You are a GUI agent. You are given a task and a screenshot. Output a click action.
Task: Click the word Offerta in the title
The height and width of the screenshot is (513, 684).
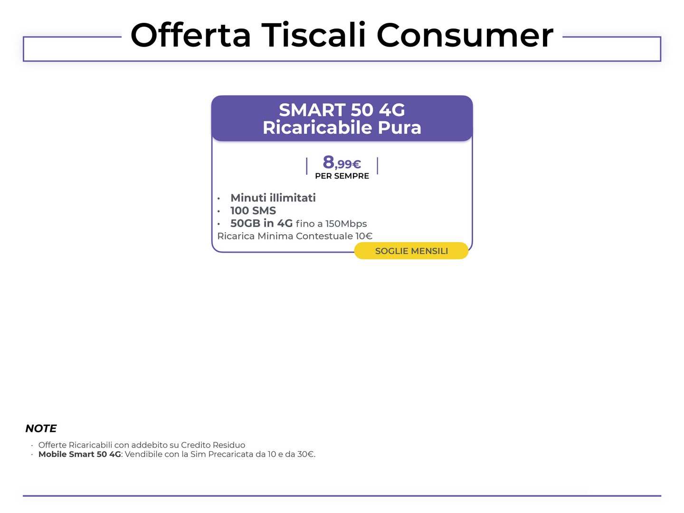click(190, 35)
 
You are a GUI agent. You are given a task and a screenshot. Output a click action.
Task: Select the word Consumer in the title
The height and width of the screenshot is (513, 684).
click(465, 36)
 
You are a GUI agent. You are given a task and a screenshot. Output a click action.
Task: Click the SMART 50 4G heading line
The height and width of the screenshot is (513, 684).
click(342, 110)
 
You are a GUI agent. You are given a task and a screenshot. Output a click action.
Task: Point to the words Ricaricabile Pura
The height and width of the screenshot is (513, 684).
click(342, 127)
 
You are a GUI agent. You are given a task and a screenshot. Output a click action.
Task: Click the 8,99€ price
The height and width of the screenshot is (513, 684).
click(342, 162)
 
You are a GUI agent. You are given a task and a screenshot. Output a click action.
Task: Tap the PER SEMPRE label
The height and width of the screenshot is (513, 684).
click(342, 176)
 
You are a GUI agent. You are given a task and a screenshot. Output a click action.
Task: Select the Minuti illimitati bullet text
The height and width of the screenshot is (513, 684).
click(273, 198)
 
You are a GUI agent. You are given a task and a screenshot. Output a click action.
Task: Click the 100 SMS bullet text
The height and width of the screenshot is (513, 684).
click(253, 210)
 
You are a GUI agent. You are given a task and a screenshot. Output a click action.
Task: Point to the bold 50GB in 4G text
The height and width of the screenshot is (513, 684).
click(261, 223)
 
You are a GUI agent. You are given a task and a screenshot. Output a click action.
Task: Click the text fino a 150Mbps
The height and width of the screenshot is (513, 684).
click(331, 224)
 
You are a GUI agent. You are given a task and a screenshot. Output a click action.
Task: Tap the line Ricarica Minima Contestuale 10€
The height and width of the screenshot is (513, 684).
click(295, 236)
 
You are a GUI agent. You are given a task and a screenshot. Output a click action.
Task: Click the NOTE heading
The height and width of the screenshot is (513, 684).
click(41, 428)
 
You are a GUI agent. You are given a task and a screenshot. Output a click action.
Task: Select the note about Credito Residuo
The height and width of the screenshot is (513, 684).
click(142, 445)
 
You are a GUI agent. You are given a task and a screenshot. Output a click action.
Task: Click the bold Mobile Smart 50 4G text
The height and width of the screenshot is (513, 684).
click(79, 454)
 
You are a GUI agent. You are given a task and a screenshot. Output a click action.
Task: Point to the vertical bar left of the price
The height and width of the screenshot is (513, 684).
click(307, 166)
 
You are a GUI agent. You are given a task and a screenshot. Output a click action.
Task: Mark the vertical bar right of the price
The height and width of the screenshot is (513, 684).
click(377, 166)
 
